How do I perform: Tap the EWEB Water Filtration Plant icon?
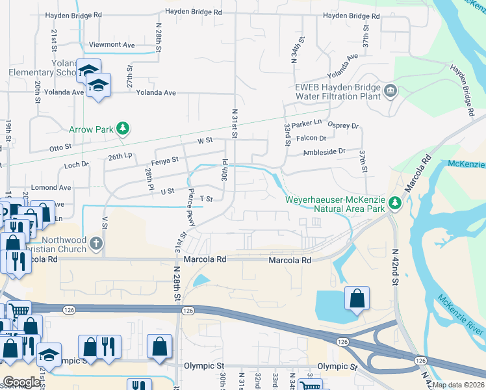point(390,90)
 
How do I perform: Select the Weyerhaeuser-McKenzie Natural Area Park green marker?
point(394,204)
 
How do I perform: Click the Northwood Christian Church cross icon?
point(96,244)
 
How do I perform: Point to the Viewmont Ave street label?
point(112,45)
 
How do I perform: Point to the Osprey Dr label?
point(343,126)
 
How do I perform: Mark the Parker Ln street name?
point(307,123)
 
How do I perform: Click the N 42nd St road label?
point(394,266)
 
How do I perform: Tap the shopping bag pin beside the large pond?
point(357,299)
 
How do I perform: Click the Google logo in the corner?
point(21,382)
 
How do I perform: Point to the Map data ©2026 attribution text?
point(458,385)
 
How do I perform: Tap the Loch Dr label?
point(76,165)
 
